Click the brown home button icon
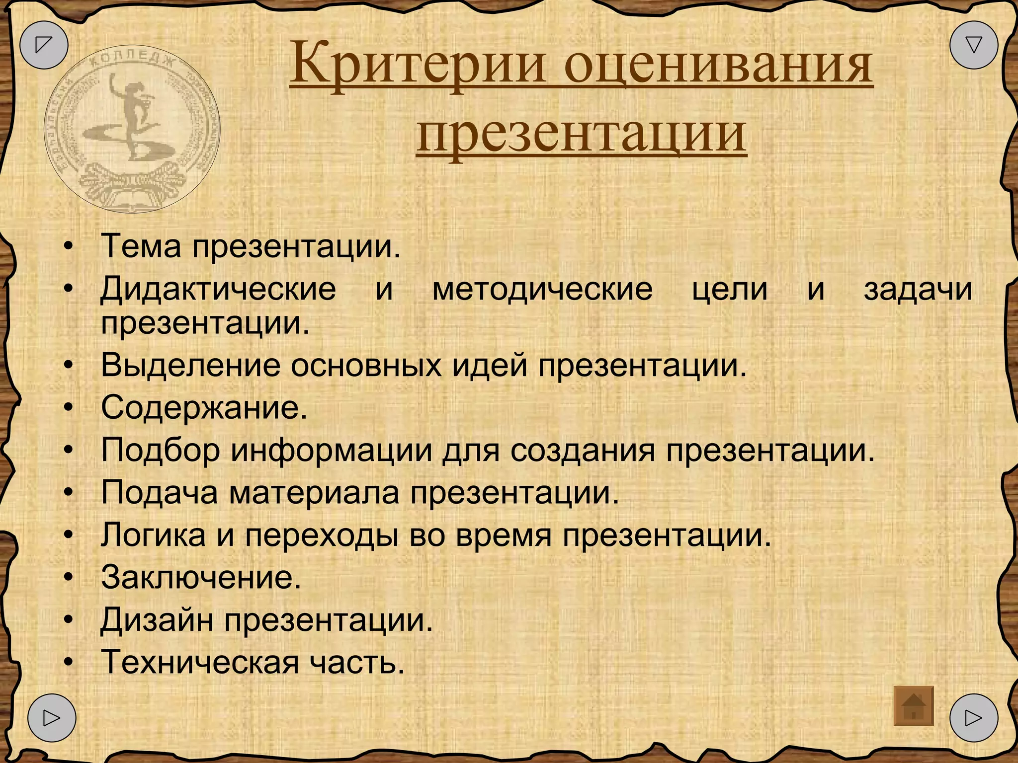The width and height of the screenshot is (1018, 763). click(x=913, y=706)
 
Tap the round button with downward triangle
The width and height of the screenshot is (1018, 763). click(x=973, y=45)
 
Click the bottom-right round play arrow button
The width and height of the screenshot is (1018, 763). click(x=973, y=718)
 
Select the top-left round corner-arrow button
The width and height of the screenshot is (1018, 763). click(x=44, y=45)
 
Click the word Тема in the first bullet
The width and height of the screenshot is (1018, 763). click(x=141, y=246)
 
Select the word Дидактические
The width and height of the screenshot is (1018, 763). click(x=218, y=289)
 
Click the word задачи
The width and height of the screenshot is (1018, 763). click(x=918, y=290)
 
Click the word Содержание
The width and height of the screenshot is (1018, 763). click(x=204, y=408)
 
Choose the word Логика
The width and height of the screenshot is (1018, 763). click(x=153, y=535)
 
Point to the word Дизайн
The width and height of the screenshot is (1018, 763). click(x=157, y=620)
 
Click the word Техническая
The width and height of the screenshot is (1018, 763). click(x=199, y=663)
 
